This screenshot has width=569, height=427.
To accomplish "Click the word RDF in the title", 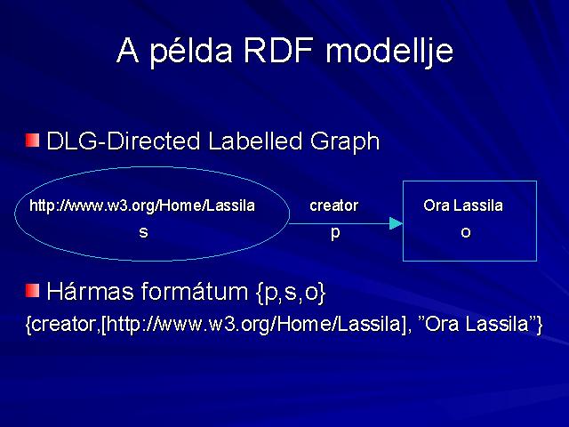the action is point(278,50).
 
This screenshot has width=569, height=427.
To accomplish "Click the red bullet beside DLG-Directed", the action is point(32,141).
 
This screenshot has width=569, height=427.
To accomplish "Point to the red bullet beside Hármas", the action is point(32,290).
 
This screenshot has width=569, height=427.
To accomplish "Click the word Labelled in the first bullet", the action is point(255,141).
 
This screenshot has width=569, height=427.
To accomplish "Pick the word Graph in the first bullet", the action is point(345,142).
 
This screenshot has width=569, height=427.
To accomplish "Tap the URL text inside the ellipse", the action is point(142,205).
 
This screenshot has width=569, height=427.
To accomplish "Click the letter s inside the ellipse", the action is point(144,232).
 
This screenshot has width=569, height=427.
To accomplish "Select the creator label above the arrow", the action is point(334,205).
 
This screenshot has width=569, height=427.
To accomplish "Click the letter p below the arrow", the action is point(335,233).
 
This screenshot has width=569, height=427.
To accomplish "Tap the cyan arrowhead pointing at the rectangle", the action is point(396,223).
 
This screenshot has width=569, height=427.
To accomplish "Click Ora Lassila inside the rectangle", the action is point(463,205).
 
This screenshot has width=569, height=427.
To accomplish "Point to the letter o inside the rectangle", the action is point(466,232).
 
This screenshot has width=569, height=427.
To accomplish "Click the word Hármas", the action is point(90,291).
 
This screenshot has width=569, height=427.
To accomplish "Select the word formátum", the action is point(195,291).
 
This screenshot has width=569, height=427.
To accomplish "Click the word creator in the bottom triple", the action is point(60,324).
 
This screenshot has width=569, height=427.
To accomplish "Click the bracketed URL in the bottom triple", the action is point(253,324).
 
